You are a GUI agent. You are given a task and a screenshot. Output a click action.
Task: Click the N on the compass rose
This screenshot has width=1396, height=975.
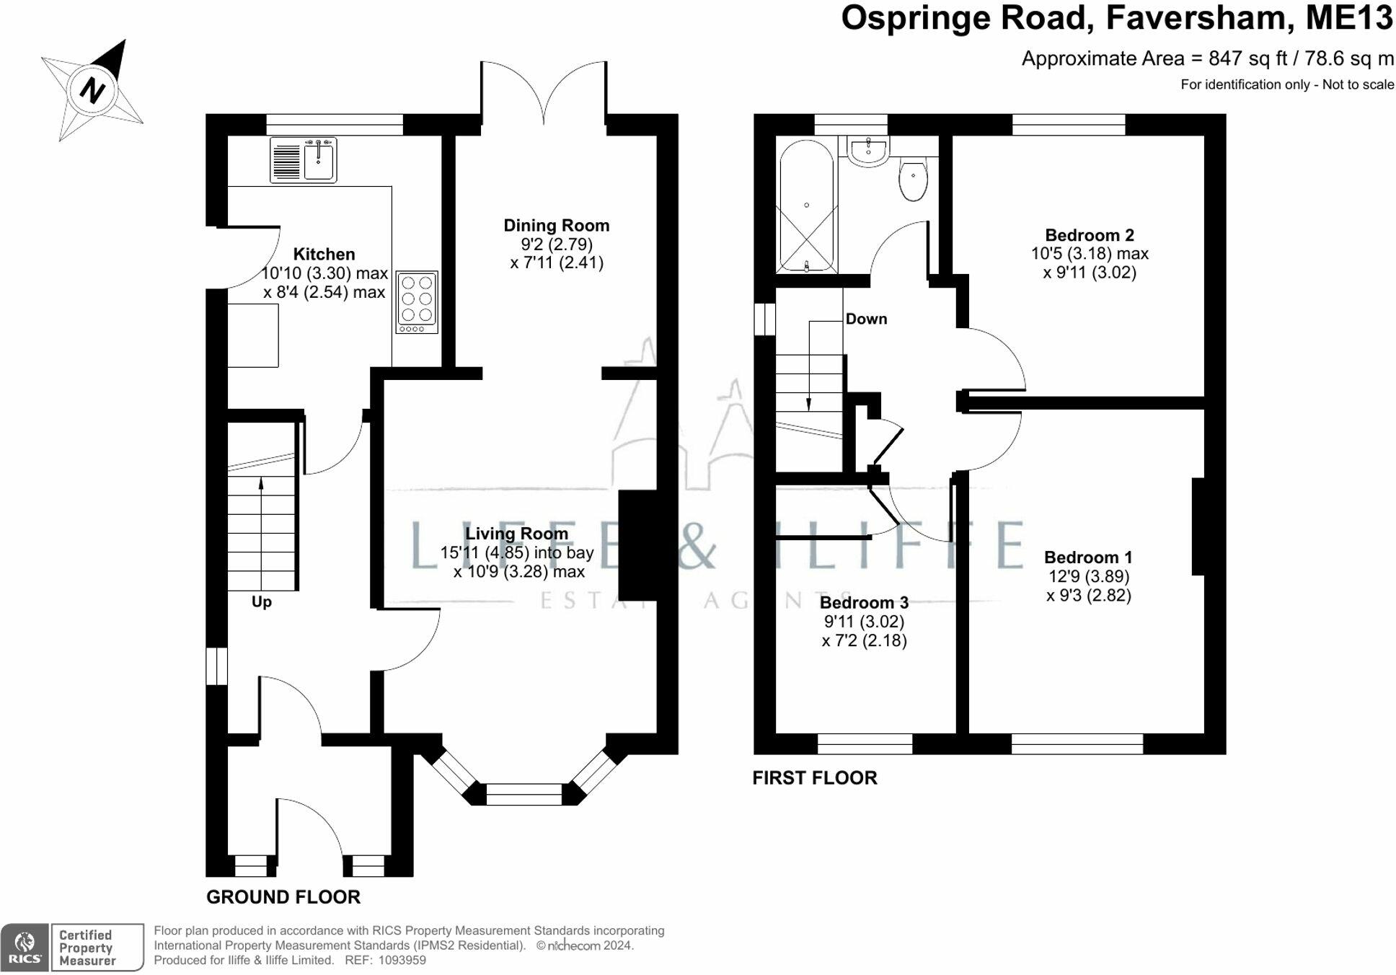tap(92, 90)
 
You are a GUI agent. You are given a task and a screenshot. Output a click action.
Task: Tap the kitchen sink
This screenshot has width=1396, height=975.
tap(304, 159)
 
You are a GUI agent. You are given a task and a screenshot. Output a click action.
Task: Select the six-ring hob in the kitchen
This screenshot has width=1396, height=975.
tap(417, 302)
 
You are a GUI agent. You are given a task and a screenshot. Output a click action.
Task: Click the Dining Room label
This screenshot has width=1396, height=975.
tap(556, 226)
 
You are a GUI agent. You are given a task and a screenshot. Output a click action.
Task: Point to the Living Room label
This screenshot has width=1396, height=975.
tap(516, 534)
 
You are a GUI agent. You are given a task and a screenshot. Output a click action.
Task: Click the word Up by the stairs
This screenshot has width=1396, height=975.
tap(262, 601)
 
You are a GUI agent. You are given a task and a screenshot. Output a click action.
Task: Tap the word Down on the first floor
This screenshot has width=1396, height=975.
tap(866, 319)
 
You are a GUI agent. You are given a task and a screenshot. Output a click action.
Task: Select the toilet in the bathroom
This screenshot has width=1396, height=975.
tap(913, 177)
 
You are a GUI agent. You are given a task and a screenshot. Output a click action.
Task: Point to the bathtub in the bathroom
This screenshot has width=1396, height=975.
tap(806, 206)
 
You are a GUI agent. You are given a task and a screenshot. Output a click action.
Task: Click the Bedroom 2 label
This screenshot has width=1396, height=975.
tap(1090, 235)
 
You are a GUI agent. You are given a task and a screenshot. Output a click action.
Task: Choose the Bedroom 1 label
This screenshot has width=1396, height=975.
tap(1088, 557)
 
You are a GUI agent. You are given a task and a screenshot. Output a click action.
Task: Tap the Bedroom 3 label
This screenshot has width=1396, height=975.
tap(864, 603)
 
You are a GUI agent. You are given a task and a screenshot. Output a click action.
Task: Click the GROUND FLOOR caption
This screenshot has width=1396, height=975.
tap(283, 897)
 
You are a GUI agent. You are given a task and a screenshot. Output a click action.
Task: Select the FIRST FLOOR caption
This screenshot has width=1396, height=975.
tap(815, 777)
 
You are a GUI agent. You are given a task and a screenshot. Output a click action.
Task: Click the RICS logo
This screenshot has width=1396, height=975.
tap(25, 948)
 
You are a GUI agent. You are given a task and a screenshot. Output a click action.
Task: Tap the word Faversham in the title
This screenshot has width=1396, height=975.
tap(1196, 18)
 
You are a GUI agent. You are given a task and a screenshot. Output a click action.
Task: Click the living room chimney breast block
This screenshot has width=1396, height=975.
tap(638, 545)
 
